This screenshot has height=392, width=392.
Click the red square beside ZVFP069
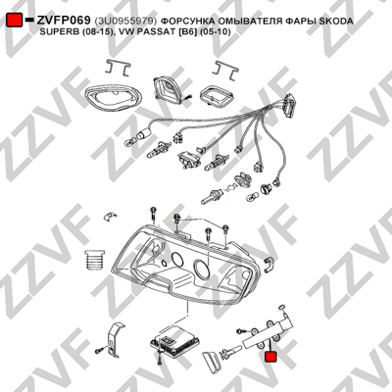point(15,20)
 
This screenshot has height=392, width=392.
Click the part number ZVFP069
point(64,21)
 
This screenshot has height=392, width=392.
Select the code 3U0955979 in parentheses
point(125,22)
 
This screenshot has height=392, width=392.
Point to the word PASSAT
point(154,32)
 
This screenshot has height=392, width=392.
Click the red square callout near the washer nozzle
point(270,357)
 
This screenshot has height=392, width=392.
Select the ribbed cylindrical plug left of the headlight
point(94,260)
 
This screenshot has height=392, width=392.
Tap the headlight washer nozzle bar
point(268,334)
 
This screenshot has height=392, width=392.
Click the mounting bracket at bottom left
point(116,340)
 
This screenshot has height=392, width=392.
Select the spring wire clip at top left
point(118,69)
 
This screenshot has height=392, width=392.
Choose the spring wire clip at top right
point(225,70)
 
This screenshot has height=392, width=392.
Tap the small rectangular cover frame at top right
point(216,95)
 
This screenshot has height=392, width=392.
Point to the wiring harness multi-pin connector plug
point(289,106)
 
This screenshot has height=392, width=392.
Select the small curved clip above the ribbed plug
point(110,217)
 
